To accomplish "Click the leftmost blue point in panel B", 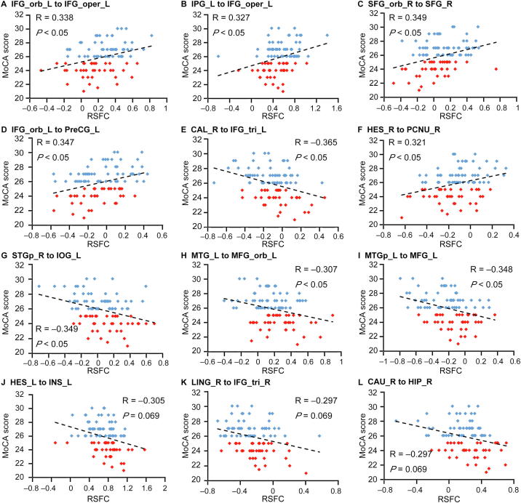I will click(x=218, y=55).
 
